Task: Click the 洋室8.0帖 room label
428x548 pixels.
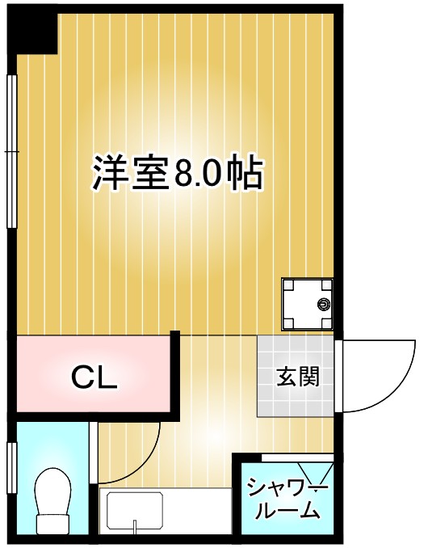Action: [x=177, y=172]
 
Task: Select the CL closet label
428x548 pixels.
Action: [x=94, y=377]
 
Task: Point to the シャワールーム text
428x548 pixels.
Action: [x=287, y=500]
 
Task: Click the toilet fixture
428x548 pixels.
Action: [x=54, y=501]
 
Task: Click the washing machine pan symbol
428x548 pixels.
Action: [x=307, y=304]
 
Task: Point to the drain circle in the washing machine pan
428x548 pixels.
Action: [x=324, y=305]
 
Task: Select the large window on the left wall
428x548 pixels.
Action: [x=11, y=151]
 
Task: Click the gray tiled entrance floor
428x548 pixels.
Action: [x=296, y=396]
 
